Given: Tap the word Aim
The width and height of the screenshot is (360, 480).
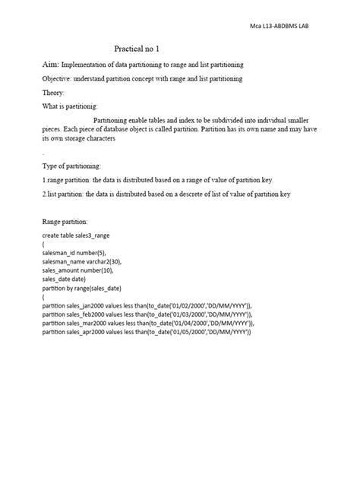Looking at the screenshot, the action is [x=50, y=65].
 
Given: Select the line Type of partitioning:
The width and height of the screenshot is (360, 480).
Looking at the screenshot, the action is [x=71, y=166].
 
